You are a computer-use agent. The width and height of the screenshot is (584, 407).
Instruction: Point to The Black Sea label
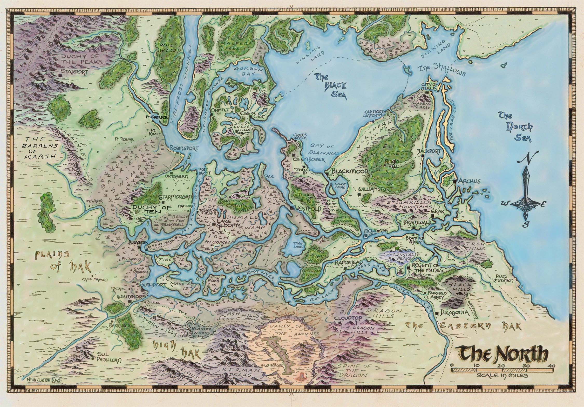click(x=331, y=90)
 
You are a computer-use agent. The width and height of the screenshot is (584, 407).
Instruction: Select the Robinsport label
click(x=184, y=148)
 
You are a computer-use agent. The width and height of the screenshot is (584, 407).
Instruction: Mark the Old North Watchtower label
click(x=377, y=113)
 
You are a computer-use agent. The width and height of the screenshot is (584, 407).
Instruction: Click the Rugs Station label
click(x=504, y=278)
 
